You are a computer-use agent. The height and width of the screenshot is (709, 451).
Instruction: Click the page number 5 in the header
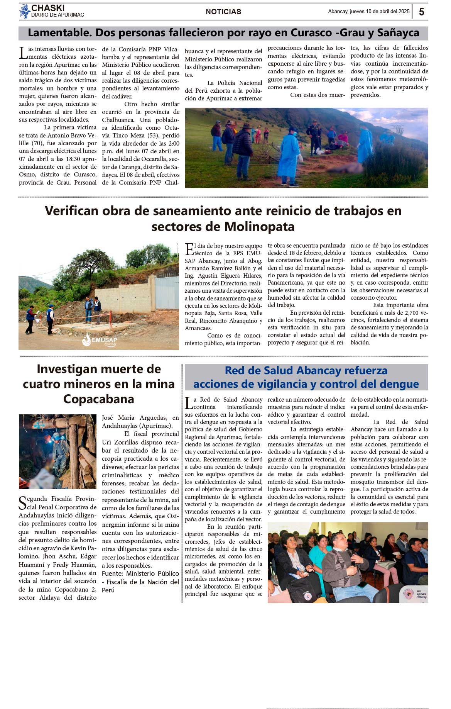[x=421, y=12]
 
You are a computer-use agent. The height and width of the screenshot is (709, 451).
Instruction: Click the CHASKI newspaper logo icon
[x=25, y=12]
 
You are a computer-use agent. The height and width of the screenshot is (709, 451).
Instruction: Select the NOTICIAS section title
[x=223, y=12]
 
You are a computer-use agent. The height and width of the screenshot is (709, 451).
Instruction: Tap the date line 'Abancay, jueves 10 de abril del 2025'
[x=368, y=12]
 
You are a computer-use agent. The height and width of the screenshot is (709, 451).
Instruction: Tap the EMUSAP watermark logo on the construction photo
[x=100, y=340]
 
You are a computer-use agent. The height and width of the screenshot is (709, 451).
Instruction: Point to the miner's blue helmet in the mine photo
[x=56, y=437]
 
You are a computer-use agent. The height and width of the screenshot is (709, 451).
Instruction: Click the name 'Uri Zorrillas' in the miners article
[x=120, y=442]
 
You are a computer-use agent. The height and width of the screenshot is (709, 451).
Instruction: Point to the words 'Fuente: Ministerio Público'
[x=140, y=573]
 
